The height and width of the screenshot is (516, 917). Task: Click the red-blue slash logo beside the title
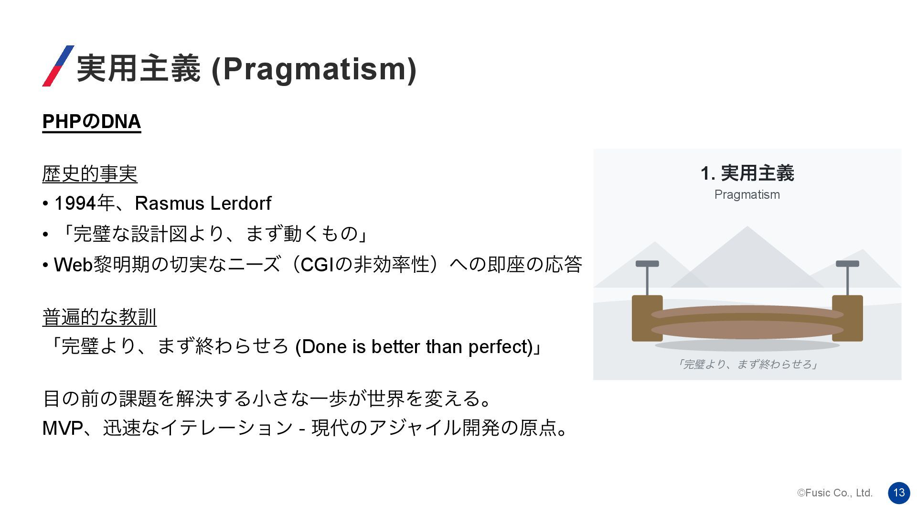click(58, 66)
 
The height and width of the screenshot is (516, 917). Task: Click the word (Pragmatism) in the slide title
click(314, 69)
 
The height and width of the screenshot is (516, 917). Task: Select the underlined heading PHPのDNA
click(92, 121)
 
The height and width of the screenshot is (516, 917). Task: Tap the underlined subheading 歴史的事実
click(90, 173)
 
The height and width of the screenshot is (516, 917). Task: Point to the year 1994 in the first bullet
click(75, 204)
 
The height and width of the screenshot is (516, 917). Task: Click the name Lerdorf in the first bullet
click(241, 204)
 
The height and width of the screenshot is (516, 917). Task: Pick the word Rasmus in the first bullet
click(170, 204)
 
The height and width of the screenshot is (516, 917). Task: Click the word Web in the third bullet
click(73, 264)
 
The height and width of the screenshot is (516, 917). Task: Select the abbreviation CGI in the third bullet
click(317, 264)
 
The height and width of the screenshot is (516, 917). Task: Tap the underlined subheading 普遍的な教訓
click(99, 317)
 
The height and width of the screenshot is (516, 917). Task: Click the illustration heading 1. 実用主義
click(747, 173)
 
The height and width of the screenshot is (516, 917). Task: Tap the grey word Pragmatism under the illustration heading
click(747, 195)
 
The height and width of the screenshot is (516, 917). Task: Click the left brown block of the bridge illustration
click(647, 318)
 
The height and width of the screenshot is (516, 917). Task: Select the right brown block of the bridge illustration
click(847, 318)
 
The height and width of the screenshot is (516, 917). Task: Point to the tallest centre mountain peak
click(747, 227)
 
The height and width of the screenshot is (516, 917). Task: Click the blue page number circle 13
click(899, 493)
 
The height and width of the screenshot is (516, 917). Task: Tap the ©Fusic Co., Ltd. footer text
click(835, 493)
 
